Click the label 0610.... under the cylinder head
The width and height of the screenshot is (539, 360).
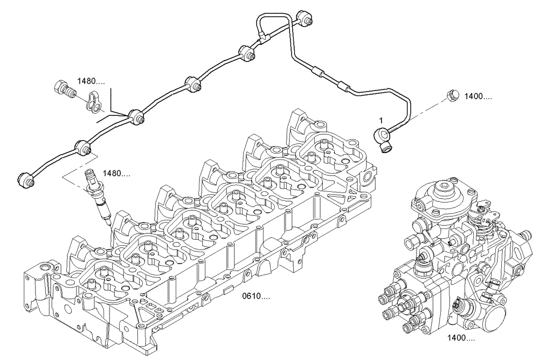[x=256, y=296]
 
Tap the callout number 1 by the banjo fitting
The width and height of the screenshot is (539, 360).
[x=381, y=119]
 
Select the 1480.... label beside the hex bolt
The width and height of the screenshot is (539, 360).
[x=91, y=81]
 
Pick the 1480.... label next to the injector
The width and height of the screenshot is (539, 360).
[x=116, y=174]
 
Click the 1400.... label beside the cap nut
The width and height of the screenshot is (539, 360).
[x=478, y=97]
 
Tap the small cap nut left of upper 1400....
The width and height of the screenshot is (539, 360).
[x=453, y=95]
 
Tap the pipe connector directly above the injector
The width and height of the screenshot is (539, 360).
[x=84, y=146]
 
